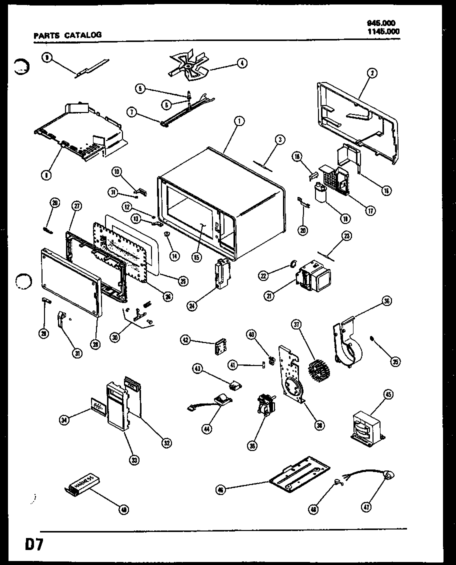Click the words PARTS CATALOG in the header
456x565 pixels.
(x=67, y=35)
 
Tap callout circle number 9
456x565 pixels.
(x=46, y=57)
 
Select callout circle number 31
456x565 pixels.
(x=76, y=353)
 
